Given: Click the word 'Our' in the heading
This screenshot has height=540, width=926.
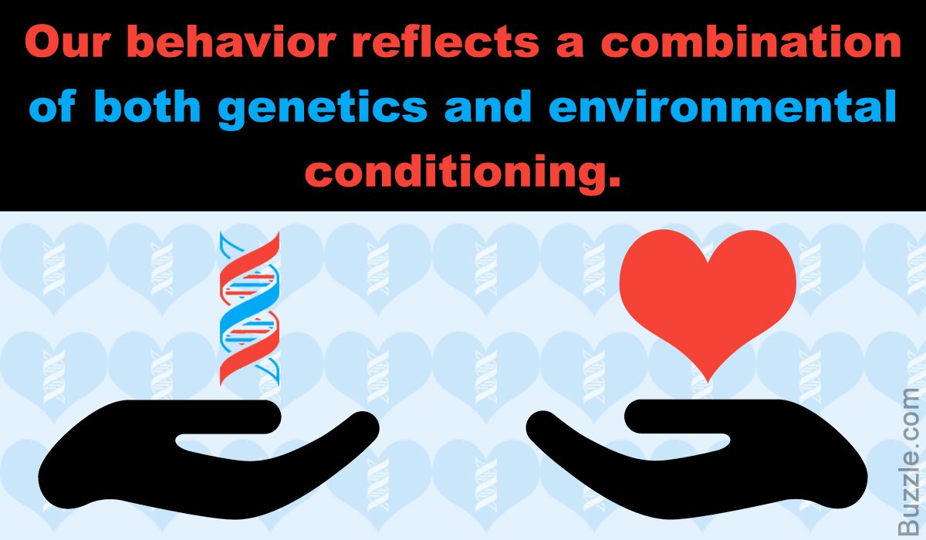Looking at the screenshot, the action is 66,42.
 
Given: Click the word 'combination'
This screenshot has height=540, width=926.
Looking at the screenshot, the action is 750,41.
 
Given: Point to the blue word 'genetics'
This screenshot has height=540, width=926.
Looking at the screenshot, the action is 323,108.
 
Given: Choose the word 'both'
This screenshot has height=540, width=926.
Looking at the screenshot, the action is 147,106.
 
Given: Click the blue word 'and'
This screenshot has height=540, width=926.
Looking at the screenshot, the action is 488,106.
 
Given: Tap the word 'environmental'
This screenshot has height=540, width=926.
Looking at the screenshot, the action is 722,106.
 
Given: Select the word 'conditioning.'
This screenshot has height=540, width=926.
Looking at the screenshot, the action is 462,173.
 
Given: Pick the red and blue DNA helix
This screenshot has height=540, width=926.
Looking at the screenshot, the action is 249,309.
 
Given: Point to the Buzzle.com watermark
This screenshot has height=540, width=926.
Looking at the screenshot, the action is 911,461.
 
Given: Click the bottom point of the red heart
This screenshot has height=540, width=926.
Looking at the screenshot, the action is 708,382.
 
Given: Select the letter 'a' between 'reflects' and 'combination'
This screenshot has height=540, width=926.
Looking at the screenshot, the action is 570,45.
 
